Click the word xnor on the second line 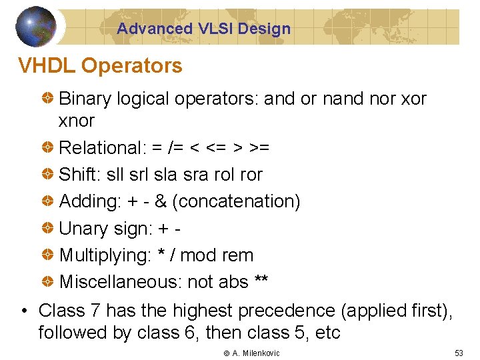[77, 121]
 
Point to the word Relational [98, 147]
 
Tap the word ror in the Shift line [251, 175]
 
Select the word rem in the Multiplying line [237, 255]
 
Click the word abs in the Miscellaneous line [233, 282]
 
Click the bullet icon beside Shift [49, 175]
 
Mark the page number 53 [458, 353]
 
